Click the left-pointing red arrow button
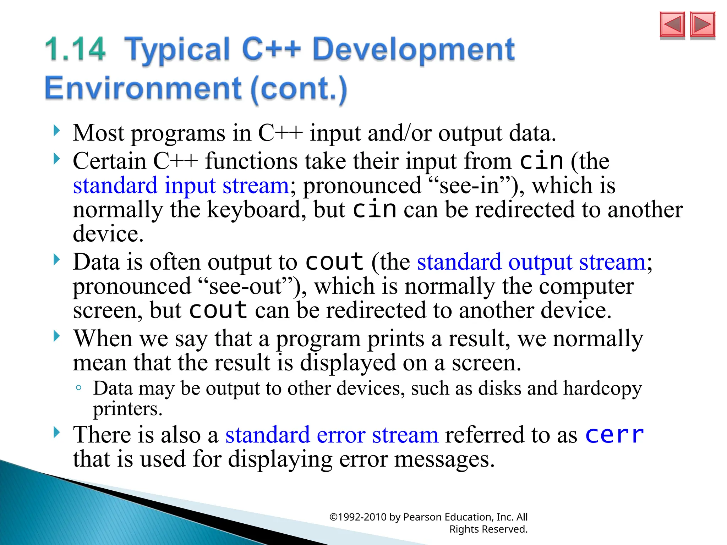coord(672,24)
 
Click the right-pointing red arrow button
coord(703,24)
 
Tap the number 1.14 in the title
coord(75,49)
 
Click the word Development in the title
coord(413,49)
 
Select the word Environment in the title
coord(143,88)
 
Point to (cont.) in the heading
coord(299,89)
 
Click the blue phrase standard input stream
coord(181,186)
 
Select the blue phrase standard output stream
coord(531,262)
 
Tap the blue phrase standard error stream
coord(332,435)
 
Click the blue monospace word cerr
coord(614,435)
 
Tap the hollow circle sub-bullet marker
coord(79,388)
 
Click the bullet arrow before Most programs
coord(56,131)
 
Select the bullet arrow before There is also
coord(56,433)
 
